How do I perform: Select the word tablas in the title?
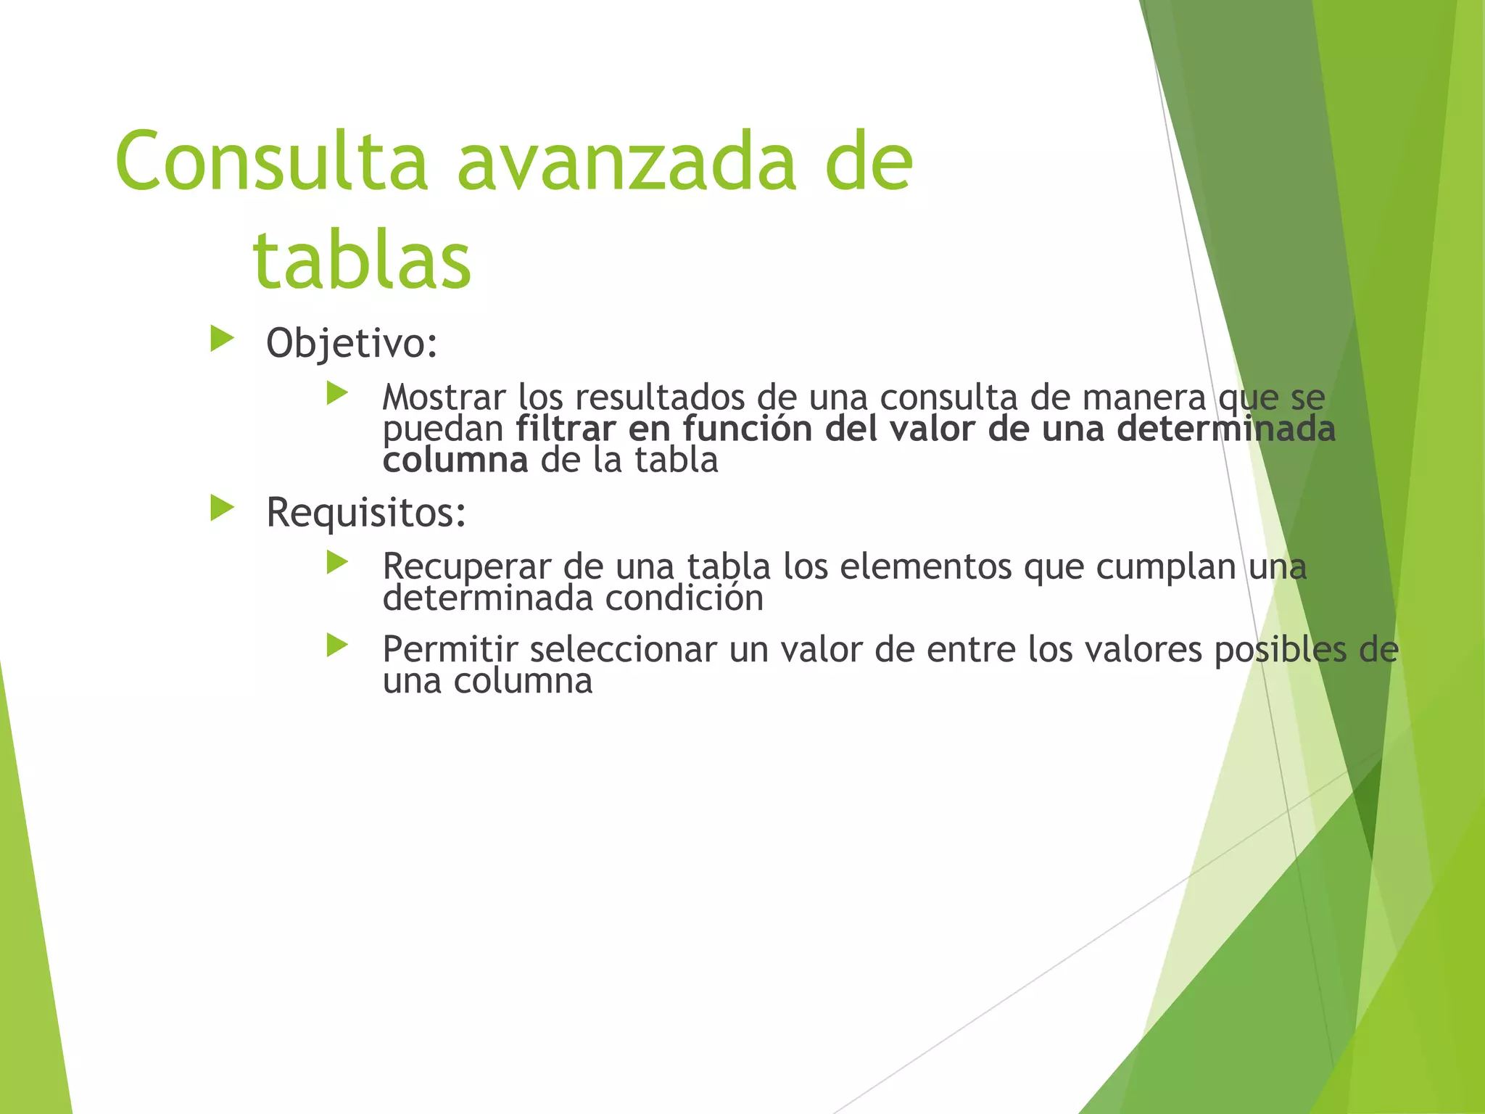coord(362,260)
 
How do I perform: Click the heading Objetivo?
coord(352,343)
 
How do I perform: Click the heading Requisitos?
coord(366,513)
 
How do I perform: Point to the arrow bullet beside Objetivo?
coord(222,339)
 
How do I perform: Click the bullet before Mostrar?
coord(337,394)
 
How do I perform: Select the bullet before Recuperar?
coord(337,562)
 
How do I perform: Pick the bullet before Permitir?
coord(337,645)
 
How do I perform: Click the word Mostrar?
coord(444,397)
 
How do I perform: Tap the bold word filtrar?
coord(566,429)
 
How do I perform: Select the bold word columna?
coord(455,461)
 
